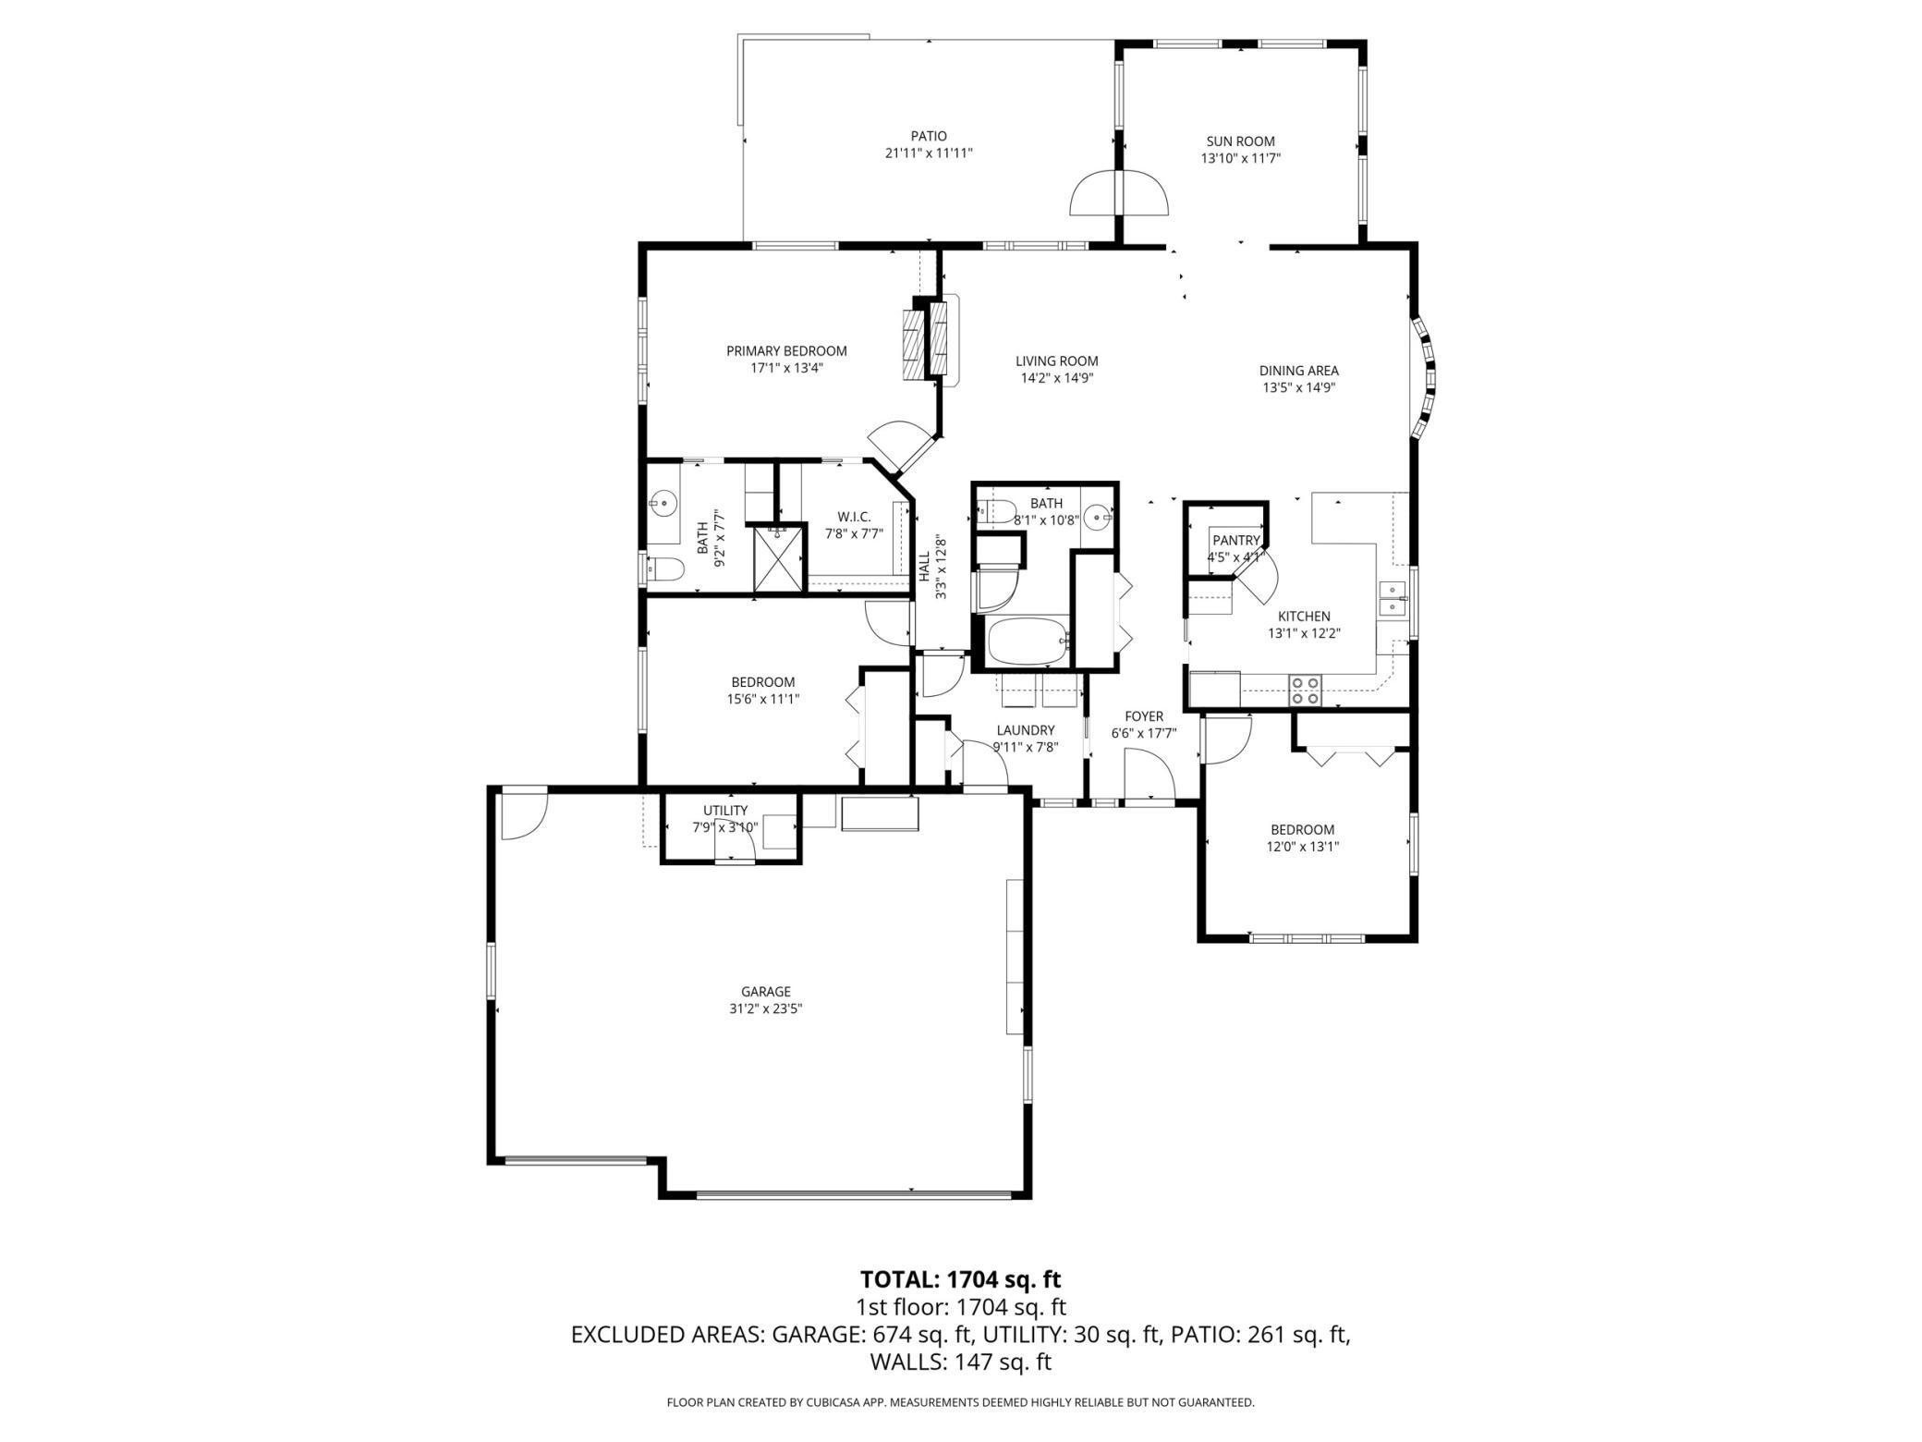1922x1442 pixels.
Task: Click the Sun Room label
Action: [1240, 141]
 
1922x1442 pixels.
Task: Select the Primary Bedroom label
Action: [786, 351]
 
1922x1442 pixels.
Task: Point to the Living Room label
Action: [1057, 361]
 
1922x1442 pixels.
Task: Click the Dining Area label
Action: [1298, 371]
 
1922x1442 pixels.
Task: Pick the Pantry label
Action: [1236, 541]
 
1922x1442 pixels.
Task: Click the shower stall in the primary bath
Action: [779, 559]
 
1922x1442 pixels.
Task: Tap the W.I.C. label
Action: [854, 517]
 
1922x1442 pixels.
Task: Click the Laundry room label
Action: [1026, 730]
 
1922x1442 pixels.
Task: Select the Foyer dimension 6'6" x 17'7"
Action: [1144, 734]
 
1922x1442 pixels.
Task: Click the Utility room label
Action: [725, 811]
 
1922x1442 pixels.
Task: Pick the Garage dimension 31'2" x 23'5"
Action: [766, 1009]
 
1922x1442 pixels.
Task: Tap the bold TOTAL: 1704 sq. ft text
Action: [961, 1279]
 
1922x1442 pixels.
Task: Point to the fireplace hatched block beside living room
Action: [927, 340]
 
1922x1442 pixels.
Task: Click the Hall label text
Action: [924, 567]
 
